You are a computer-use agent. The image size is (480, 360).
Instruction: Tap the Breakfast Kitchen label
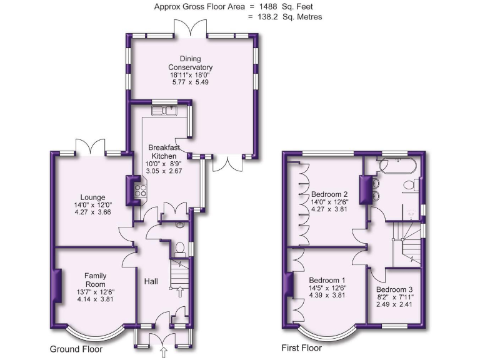pos(164,152)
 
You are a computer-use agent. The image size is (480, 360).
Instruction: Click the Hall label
pos(151,282)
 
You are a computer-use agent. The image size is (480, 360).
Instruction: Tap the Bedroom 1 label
pos(327,279)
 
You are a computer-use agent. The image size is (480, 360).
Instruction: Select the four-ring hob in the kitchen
pos(141,191)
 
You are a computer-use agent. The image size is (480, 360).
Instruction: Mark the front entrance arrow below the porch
pos(164,353)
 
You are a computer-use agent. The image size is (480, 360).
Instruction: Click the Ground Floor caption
pos(76,349)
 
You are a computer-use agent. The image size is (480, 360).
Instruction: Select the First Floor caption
pos(301,348)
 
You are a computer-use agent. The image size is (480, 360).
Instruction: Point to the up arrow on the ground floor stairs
pos(181,292)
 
